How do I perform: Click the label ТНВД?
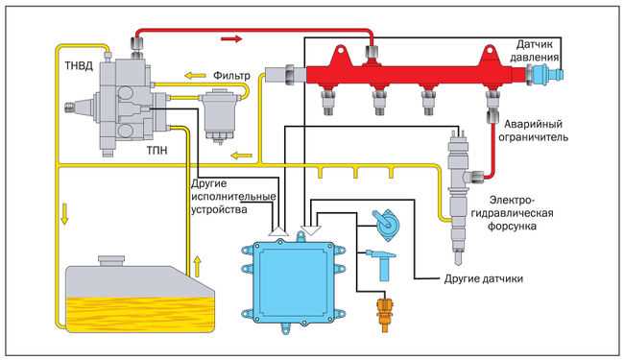(79, 65)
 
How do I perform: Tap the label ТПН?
(156, 151)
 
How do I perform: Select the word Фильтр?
(231, 75)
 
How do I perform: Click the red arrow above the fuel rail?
(231, 38)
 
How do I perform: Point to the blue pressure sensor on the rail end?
(544, 74)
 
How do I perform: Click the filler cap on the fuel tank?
(111, 261)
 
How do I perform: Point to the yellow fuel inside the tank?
(139, 314)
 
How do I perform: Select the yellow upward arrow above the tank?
(197, 267)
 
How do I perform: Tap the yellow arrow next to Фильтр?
(195, 76)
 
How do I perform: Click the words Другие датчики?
(484, 278)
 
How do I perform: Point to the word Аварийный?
(533, 124)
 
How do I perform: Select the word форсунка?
(513, 227)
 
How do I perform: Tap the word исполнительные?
(233, 197)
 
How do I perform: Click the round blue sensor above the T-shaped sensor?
(385, 226)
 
